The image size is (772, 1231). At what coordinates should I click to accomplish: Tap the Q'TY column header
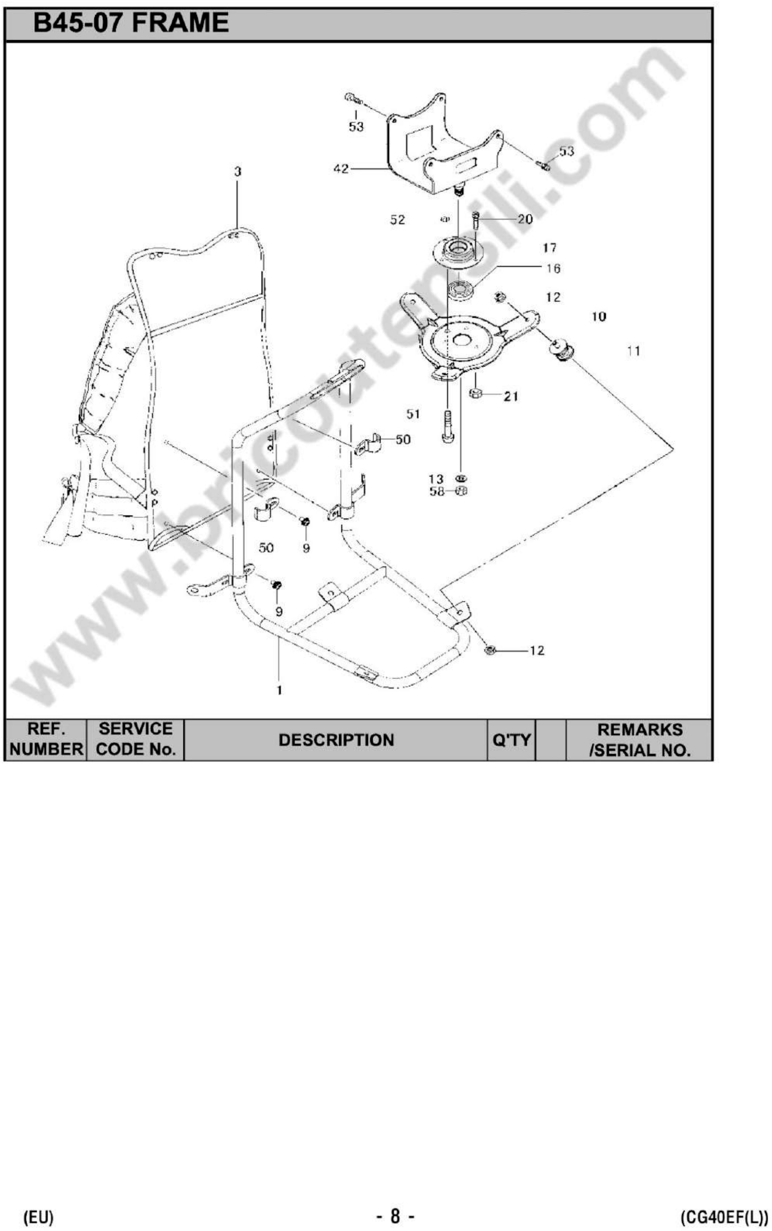(x=511, y=740)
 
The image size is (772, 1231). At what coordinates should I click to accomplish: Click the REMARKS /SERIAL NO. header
(x=639, y=740)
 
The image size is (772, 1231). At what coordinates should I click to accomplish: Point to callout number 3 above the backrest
(x=237, y=172)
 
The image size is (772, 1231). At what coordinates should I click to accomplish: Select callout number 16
(x=553, y=268)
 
